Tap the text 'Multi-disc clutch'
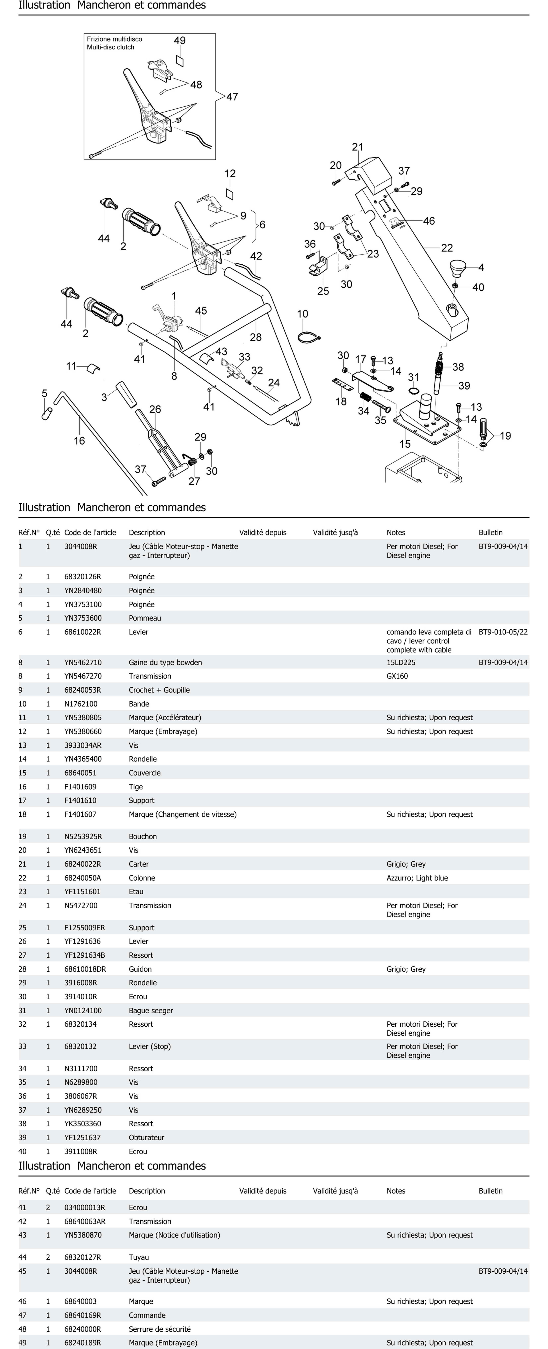111,47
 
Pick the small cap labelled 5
46,413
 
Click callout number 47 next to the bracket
232,97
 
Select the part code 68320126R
83,577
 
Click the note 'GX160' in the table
397,676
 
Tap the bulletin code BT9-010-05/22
503,632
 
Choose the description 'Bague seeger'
151,1011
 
